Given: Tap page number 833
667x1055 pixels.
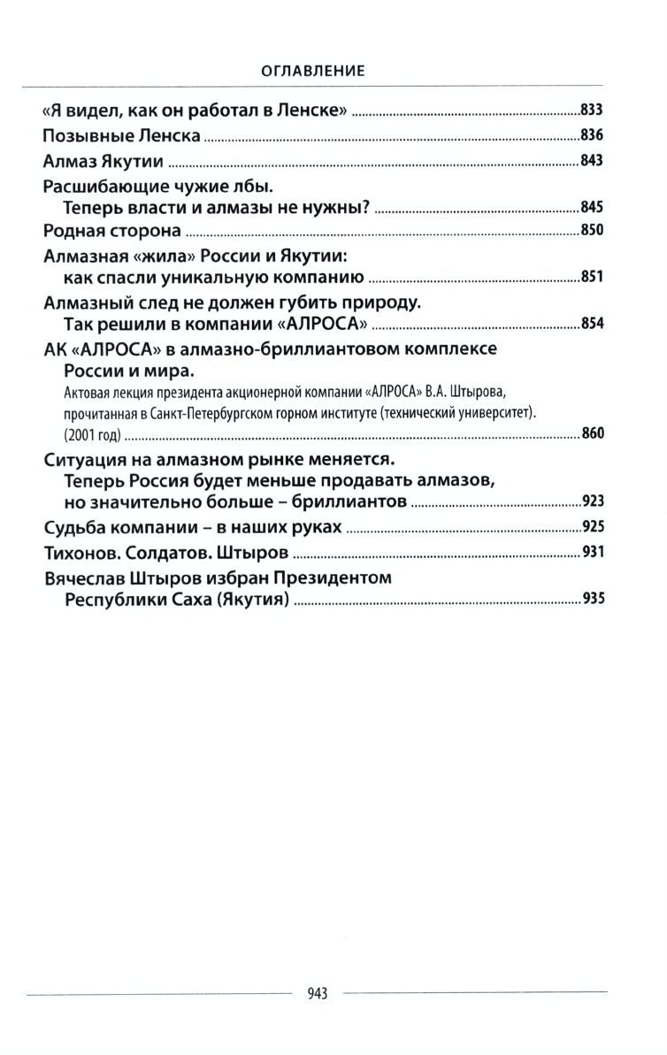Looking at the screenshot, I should tap(591, 111).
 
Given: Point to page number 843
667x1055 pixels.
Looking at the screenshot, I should tap(591, 162).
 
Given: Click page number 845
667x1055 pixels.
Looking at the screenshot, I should tap(591, 208).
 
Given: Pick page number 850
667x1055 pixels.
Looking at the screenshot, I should tap(591, 232).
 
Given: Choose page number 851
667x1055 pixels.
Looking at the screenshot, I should tap(591, 278).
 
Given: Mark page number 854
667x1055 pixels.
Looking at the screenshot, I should tap(591, 324).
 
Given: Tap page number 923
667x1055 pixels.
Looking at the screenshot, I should tap(591, 502).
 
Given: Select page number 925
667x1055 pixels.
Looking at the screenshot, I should tap(591, 529).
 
